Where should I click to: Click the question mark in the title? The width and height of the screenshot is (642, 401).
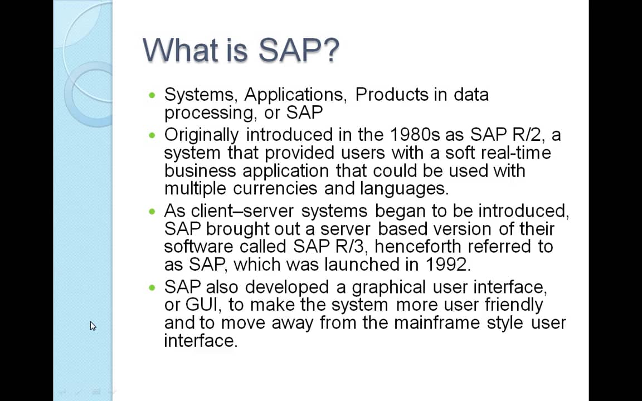(330, 50)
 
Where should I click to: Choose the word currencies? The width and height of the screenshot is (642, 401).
(276, 188)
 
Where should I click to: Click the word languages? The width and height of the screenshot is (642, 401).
(403, 188)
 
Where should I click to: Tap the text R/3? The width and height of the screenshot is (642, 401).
(349, 246)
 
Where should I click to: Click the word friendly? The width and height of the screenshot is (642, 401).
(513, 305)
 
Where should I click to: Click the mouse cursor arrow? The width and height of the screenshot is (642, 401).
(93, 326)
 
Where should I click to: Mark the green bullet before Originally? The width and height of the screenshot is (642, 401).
(153, 135)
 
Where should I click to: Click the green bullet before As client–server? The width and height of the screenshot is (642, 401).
(153, 212)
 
